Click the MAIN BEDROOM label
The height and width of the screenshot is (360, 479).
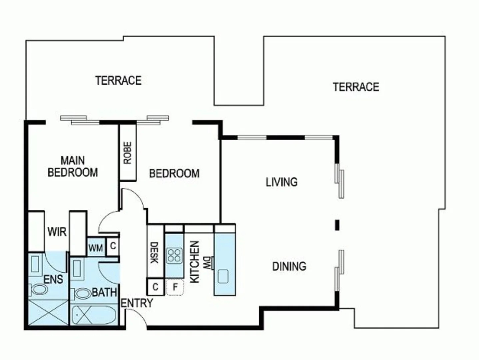point(73,166)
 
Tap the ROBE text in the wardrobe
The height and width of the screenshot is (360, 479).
point(128,153)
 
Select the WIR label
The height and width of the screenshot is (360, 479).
point(57,232)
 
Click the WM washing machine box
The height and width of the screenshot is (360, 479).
point(96,248)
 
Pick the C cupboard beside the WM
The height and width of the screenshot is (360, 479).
point(113,246)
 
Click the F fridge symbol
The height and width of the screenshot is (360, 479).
point(175,287)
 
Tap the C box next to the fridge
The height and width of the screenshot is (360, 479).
point(155,287)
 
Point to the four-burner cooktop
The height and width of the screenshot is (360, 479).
point(174,256)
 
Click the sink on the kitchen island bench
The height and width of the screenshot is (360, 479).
point(223,276)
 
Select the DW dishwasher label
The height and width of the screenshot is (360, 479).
point(207,263)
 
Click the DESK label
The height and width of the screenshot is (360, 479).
point(154,253)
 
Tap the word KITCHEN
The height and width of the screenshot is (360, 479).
point(194,262)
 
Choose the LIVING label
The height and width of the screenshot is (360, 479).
point(281,182)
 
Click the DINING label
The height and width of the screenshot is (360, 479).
point(289,266)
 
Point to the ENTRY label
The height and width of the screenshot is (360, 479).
point(137,303)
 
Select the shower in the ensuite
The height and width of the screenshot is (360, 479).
point(48,312)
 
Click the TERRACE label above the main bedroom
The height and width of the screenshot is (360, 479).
point(118,80)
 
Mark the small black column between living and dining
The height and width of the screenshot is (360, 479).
point(337,225)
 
